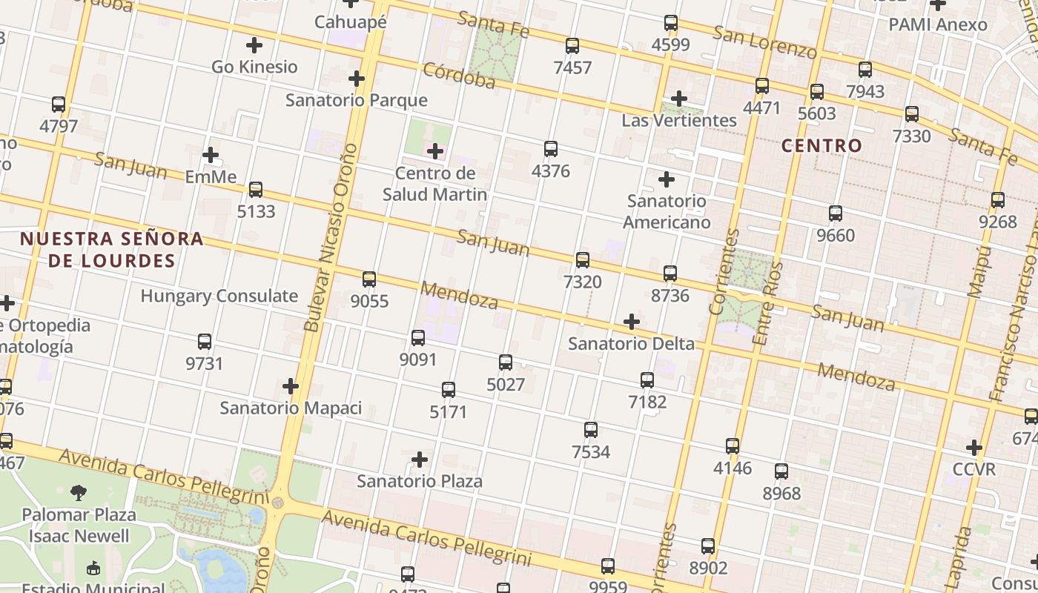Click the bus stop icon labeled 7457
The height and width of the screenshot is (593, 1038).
point(572,46)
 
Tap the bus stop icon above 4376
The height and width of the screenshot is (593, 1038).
point(550,149)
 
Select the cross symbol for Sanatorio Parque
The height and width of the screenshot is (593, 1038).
point(357,79)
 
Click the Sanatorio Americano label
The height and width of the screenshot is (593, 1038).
point(666,211)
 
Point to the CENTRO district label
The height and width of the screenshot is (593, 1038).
point(822,145)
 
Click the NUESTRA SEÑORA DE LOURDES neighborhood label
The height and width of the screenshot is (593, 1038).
point(111,249)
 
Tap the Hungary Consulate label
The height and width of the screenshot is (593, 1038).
point(219,296)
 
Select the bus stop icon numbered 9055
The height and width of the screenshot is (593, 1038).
point(369,279)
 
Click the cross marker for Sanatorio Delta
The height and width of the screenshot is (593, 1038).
point(631,322)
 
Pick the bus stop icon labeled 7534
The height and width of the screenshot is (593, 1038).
point(590,430)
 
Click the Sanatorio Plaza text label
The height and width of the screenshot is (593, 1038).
point(420,481)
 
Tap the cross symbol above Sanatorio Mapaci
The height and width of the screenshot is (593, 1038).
point(291,386)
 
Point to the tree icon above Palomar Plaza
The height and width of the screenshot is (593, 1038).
point(79,492)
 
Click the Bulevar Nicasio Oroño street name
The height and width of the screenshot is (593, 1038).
point(330,237)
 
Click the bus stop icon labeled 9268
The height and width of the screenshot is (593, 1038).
point(997,200)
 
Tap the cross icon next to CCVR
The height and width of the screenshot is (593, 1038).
point(974,448)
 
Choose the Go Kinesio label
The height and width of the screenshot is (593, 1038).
point(254,67)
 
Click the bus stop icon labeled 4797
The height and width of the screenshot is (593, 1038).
point(59,105)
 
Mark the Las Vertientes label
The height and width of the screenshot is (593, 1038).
point(679,120)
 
